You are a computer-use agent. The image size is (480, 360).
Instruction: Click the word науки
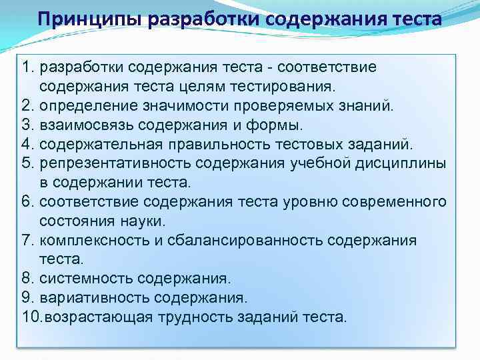click(146, 221)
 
